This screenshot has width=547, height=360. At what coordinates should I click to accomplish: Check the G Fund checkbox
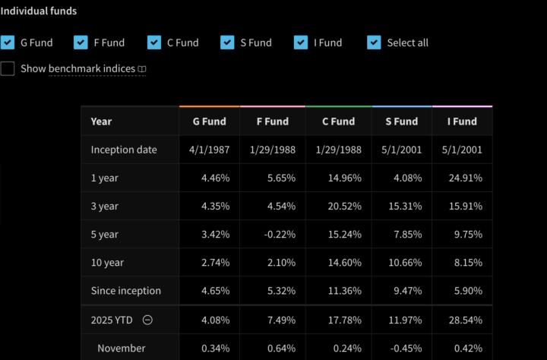[x=8, y=43]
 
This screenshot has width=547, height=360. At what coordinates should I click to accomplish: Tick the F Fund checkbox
[x=81, y=43]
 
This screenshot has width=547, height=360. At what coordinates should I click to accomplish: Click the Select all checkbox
[x=374, y=43]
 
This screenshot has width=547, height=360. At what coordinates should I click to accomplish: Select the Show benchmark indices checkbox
[x=8, y=68]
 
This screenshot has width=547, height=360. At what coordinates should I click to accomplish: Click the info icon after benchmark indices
[x=142, y=69]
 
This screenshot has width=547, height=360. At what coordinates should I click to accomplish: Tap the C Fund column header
[x=338, y=122]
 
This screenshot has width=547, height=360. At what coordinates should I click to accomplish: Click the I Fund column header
[x=462, y=122]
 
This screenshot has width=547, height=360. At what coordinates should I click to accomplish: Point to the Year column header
[x=101, y=122]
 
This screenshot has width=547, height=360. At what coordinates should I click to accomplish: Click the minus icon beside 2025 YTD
[x=147, y=320]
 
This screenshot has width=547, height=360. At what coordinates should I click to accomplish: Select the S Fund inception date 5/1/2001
[x=401, y=150]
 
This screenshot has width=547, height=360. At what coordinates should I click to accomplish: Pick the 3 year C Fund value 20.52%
[x=341, y=206]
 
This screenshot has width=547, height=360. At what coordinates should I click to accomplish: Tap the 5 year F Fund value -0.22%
[x=279, y=234]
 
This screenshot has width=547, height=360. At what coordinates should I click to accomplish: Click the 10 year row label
[x=107, y=262]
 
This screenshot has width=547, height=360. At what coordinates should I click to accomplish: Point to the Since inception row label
[x=125, y=290]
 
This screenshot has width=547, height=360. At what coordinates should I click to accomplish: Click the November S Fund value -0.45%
[x=403, y=348]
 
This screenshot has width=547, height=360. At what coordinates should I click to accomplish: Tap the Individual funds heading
[x=38, y=11]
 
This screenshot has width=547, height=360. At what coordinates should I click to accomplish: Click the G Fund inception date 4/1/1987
[x=209, y=150]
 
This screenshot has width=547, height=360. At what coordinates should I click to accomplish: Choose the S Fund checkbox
[x=227, y=43]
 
